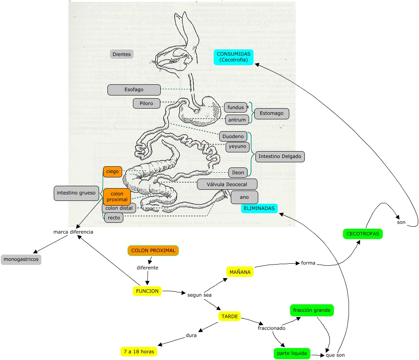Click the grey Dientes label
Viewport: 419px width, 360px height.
(x=121, y=54)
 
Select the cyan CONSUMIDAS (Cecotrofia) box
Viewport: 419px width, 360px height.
(x=234, y=57)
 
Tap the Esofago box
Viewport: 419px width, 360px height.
(x=134, y=90)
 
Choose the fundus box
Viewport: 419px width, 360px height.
(x=235, y=107)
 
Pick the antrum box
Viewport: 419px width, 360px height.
(x=237, y=119)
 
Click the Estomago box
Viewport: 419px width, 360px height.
(x=271, y=113)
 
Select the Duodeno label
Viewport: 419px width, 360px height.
(x=233, y=136)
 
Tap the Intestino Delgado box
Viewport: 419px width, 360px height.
(x=280, y=156)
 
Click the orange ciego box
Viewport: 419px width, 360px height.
(x=112, y=171)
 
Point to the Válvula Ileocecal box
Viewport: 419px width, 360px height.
(x=227, y=184)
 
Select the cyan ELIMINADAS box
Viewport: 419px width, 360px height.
(x=259, y=208)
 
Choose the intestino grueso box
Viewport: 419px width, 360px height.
(x=76, y=193)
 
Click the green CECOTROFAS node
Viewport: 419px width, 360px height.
(x=362, y=234)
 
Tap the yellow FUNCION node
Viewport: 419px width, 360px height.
(x=147, y=291)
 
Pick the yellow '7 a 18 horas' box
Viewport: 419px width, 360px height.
(x=138, y=352)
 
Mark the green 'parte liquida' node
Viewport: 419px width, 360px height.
(x=292, y=354)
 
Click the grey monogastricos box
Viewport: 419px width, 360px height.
(x=21, y=260)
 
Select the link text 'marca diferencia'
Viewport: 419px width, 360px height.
(x=73, y=232)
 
